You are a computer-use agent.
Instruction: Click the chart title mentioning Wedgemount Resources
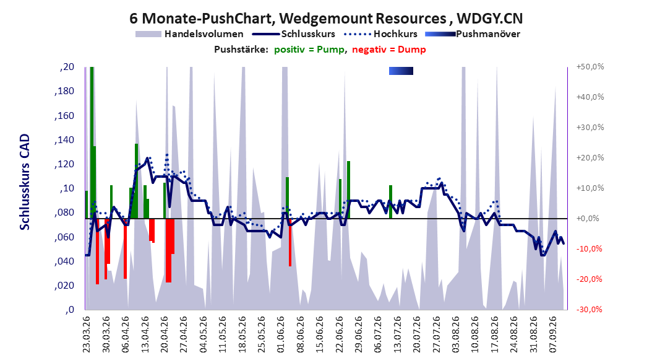(x=326, y=19)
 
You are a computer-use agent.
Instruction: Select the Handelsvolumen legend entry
(x=189, y=34)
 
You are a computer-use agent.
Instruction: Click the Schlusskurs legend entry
(x=293, y=34)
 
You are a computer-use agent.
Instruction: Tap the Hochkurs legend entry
(x=380, y=34)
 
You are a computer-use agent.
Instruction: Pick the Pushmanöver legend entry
(x=473, y=34)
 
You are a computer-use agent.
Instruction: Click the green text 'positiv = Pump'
(x=309, y=50)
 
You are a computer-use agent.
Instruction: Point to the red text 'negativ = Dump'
(x=389, y=50)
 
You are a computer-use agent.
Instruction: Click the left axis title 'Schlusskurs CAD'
(x=25, y=182)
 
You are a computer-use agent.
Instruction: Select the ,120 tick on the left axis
(x=64, y=164)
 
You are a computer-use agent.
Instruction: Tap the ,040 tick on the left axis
(x=64, y=261)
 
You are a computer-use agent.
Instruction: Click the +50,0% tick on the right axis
(x=590, y=67)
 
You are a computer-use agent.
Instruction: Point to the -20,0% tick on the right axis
(x=589, y=279)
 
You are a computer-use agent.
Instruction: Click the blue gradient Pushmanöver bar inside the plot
(x=401, y=71)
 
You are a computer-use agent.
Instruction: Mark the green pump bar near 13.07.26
(x=391, y=202)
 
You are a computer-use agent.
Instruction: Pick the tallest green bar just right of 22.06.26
(x=348, y=190)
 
